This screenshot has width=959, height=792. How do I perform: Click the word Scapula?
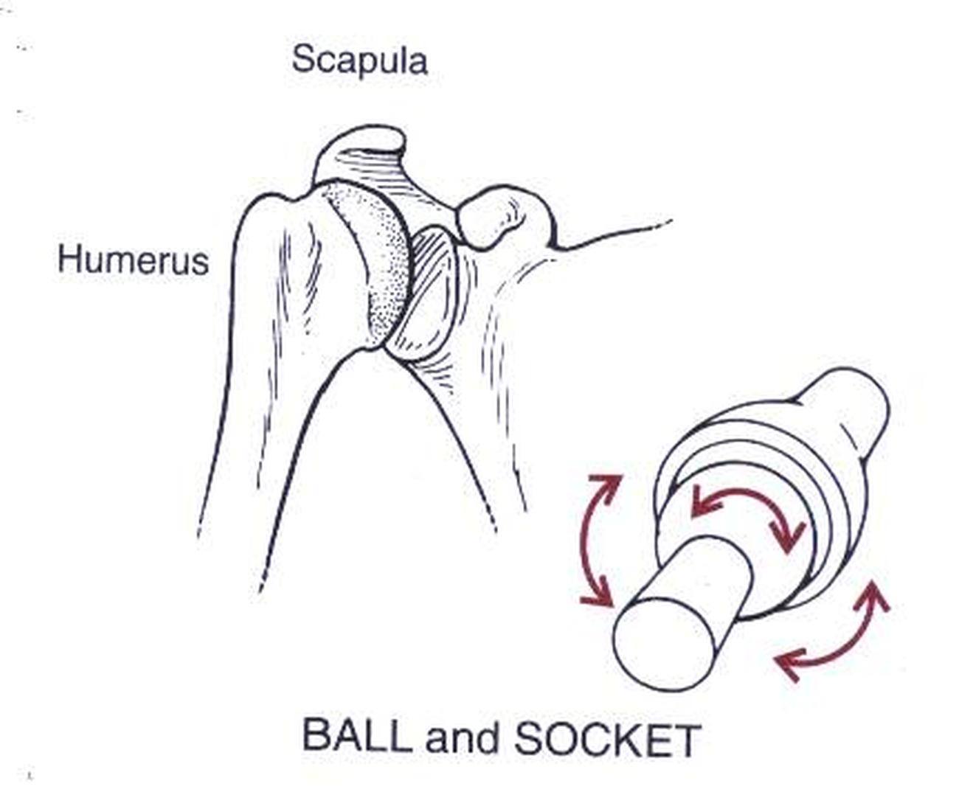point(359,59)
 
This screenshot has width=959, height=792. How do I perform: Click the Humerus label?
point(133,260)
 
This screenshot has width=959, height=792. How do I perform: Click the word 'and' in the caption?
point(462,737)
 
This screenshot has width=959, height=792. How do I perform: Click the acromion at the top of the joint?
point(361,159)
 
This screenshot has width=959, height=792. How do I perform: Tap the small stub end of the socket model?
point(856,406)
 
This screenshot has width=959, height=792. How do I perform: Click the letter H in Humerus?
point(69,260)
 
